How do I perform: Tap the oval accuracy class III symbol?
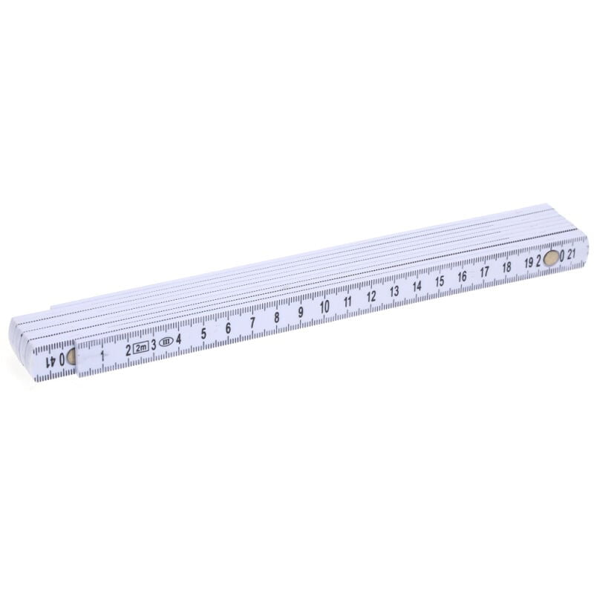pos(166,343)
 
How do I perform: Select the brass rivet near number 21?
pos(551,258)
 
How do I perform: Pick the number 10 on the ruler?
pos(324,307)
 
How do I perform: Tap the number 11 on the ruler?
pos(347,302)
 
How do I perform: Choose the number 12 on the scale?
pos(371,297)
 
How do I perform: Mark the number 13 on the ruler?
pos(395,292)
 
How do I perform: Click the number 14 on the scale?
pos(417,287)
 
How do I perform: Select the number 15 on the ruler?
pos(440,281)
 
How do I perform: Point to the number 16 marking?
pos(462,277)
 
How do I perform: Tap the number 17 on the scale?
pos(484,272)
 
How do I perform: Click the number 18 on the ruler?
pos(506,267)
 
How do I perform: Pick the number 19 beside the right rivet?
pos(528,262)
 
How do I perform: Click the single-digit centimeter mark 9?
pos(301,313)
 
